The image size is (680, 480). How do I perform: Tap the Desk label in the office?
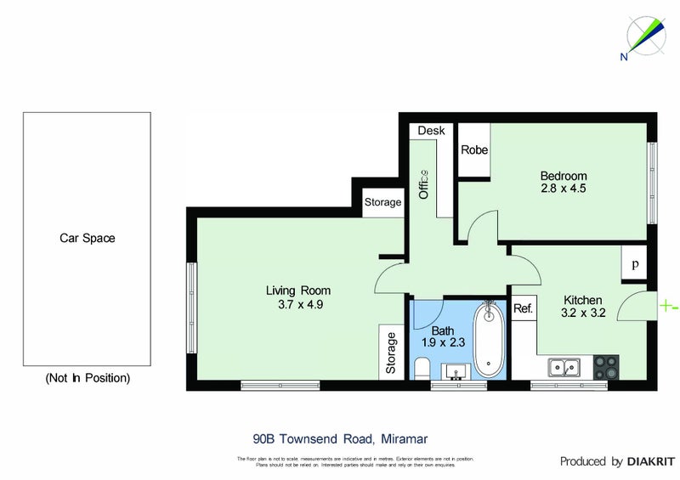pyautogui.click(x=431, y=131)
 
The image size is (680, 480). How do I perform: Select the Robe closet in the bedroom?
pyautogui.click(x=474, y=150)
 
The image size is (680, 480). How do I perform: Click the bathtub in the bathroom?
pyautogui.click(x=489, y=340)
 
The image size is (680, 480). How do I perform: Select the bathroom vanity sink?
pyautogui.click(x=454, y=371)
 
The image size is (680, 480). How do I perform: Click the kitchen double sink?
pyautogui.click(x=564, y=368)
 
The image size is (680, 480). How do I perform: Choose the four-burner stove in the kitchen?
pyautogui.click(x=607, y=367)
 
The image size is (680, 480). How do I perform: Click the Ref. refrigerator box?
pyautogui.click(x=523, y=308)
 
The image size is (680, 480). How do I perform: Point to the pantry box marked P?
pyautogui.click(x=634, y=263)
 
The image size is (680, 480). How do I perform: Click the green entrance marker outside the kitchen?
pyautogui.click(x=668, y=306)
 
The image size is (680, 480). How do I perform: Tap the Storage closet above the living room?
pyautogui.click(x=382, y=202)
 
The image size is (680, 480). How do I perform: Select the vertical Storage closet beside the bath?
pyautogui.click(x=392, y=353)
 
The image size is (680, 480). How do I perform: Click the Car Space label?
pyautogui.click(x=87, y=239)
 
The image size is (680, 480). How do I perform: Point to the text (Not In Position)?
pyautogui.click(x=87, y=378)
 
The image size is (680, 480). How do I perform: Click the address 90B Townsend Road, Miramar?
pyautogui.click(x=340, y=439)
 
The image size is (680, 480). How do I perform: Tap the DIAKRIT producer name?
pyautogui.click(x=650, y=461)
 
